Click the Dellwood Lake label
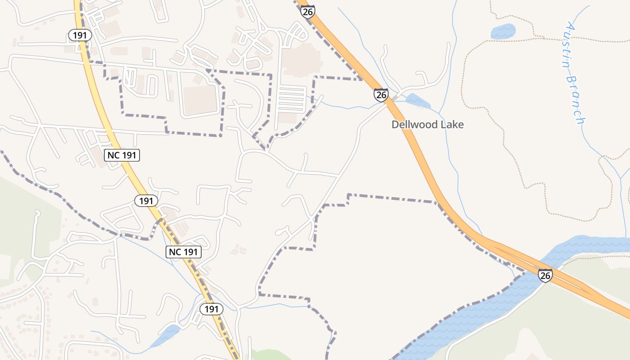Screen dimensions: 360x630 (427, 125)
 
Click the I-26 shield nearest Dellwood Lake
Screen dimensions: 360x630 (381, 95)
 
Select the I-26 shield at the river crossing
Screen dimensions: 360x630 (545, 275)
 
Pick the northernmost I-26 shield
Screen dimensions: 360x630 (308, 12)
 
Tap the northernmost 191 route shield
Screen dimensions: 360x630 (80, 35)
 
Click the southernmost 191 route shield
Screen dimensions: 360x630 (211, 309)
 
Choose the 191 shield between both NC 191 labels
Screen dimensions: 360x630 (146, 201)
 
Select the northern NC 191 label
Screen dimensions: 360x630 (122, 155)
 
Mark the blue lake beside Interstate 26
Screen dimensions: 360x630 (418, 101)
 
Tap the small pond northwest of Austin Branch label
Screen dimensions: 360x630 (503, 31)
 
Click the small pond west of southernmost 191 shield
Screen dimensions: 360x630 (165, 335)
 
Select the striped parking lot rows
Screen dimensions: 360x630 (291, 99)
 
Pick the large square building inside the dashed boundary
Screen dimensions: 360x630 (200, 100)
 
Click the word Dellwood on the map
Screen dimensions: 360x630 (414, 125)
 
